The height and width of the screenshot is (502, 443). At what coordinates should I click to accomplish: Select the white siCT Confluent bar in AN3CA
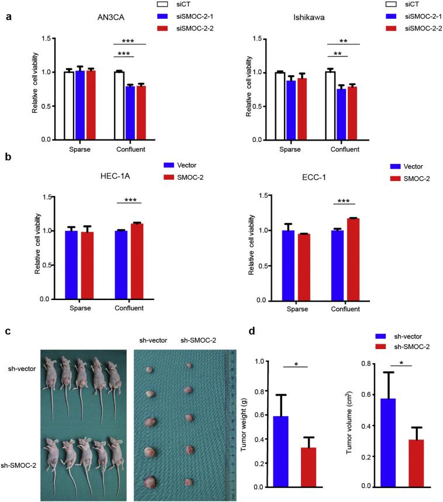click(x=119, y=106)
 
